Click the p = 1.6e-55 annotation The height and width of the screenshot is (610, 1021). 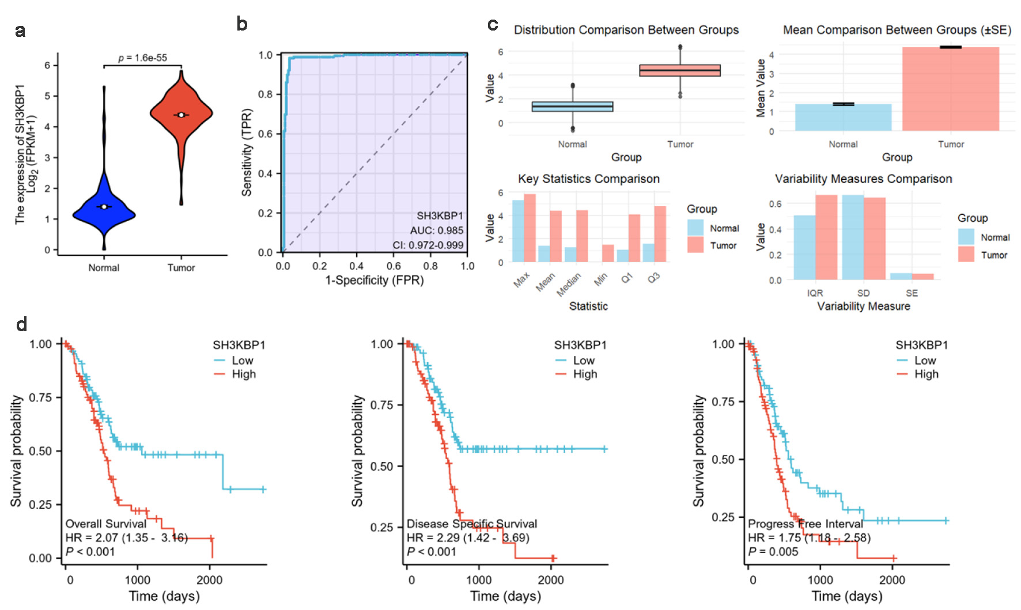coord(142,58)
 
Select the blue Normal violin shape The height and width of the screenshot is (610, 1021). coord(104,213)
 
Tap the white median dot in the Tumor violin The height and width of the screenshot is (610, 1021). coord(181,115)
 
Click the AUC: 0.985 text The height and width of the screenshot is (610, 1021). coord(436,230)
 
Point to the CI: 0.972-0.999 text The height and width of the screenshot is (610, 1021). coord(428,245)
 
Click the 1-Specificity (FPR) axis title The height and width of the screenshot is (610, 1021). coord(375,281)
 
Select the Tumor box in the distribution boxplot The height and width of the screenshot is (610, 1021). coord(680,70)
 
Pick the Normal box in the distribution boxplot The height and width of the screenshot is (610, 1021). coord(572,107)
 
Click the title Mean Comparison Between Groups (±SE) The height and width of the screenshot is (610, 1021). coord(897,30)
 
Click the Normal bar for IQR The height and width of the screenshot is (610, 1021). coord(804,248)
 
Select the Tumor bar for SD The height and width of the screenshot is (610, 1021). coord(875,238)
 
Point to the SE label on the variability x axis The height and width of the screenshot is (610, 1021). coord(912,293)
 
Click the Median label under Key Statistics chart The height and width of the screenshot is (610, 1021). coord(569,285)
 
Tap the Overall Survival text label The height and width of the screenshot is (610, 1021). coord(106,524)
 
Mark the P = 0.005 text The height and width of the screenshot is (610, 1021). coord(773,551)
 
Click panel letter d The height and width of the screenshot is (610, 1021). coord(21,325)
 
